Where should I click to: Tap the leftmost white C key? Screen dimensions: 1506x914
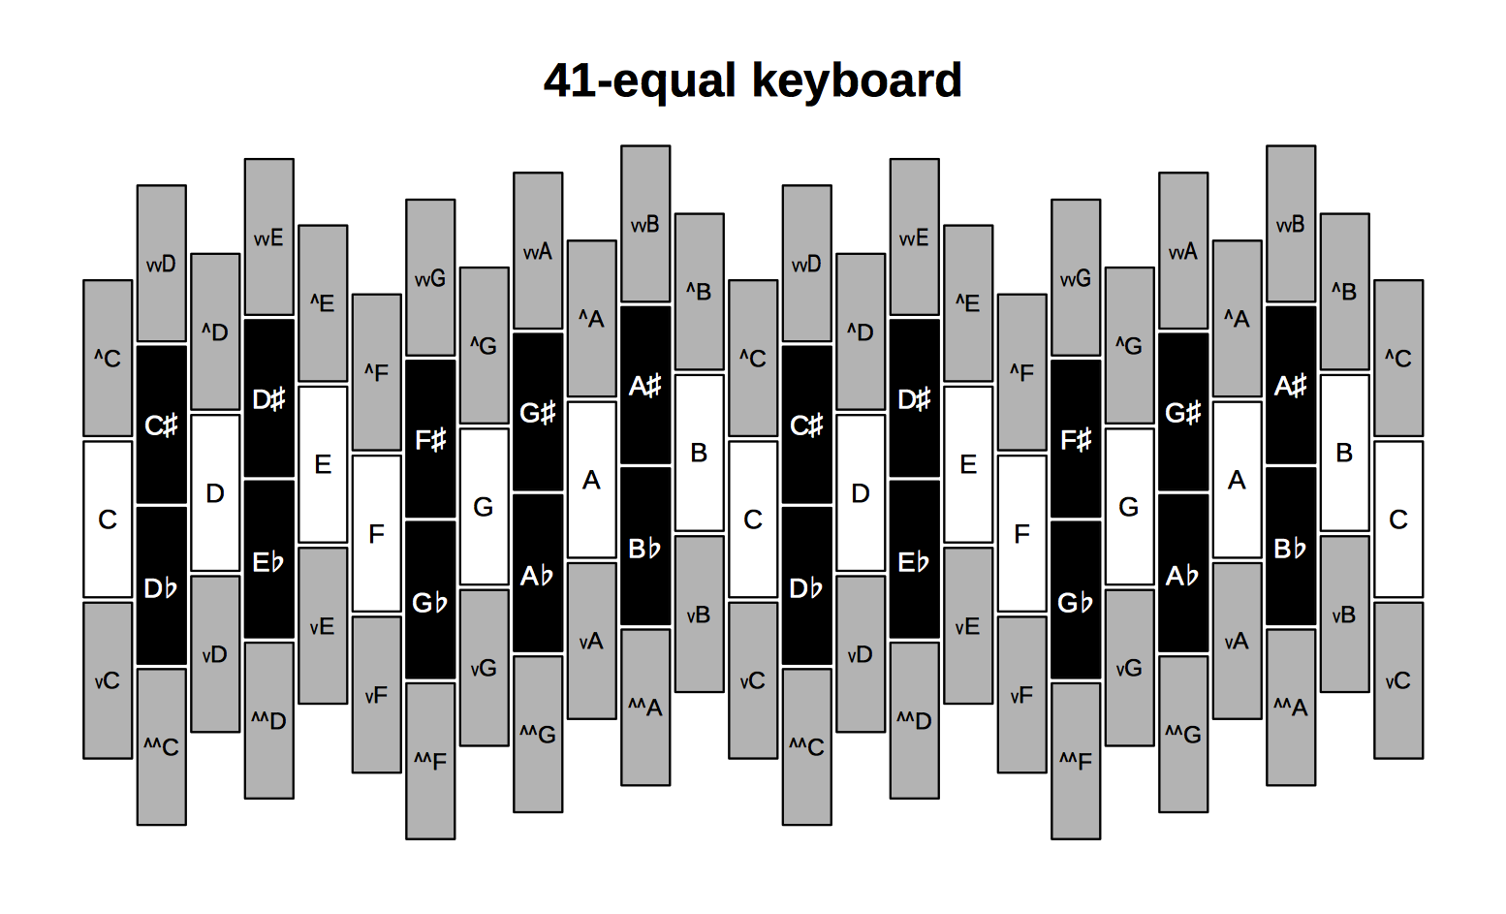(108, 520)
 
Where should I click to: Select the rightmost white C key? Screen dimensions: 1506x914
(1398, 520)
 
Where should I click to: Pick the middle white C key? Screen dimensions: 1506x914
(753, 520)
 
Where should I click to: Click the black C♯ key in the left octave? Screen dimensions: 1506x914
(161, 425)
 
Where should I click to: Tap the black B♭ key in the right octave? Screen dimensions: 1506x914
(1291, 546)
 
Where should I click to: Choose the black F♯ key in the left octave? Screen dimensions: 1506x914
(430, 439)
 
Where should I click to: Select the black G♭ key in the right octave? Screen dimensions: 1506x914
(1076, 600)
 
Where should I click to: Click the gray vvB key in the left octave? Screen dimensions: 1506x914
(645, 224)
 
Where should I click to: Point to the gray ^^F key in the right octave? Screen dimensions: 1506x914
(1076, 761)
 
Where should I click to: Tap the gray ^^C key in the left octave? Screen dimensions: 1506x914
(161, 746)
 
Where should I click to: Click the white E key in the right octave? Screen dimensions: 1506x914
(968, 464)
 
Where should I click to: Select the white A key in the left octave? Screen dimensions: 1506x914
(591, 480)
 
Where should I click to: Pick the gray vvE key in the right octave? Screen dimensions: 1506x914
(915, 236)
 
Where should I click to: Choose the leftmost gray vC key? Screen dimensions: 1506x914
(108, 680)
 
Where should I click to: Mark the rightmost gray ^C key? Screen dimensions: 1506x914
(1398, 358)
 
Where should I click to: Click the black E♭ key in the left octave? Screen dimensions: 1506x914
(269, 559)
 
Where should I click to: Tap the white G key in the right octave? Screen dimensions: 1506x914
(1130, 507)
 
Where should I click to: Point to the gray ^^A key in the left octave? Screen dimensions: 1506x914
(645, 708)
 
